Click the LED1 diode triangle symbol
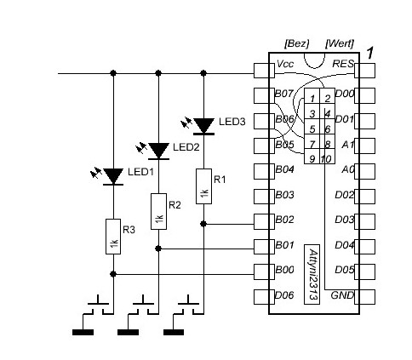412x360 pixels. coord(113,176)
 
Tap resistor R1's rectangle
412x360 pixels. coord(203,186)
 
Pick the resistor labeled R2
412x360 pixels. coord(158,212)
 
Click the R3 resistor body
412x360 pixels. coord(113,237)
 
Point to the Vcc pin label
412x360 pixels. coord(285,64)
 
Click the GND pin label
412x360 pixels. coord(342,295)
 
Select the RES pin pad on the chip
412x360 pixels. coord(364,71)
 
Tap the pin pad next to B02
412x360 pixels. coord(264,221)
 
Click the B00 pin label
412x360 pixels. coord(284,270)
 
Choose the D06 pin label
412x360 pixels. coord(284,295)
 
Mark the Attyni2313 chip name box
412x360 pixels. coord(312,274)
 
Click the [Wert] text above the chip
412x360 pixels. coord(340,43)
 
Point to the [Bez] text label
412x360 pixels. coord(296,43)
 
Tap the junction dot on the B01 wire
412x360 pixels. coord(158,249)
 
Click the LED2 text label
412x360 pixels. coord(186,147)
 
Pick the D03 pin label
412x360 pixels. coord(345,220)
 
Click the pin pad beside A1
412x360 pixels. coord(364,146)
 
